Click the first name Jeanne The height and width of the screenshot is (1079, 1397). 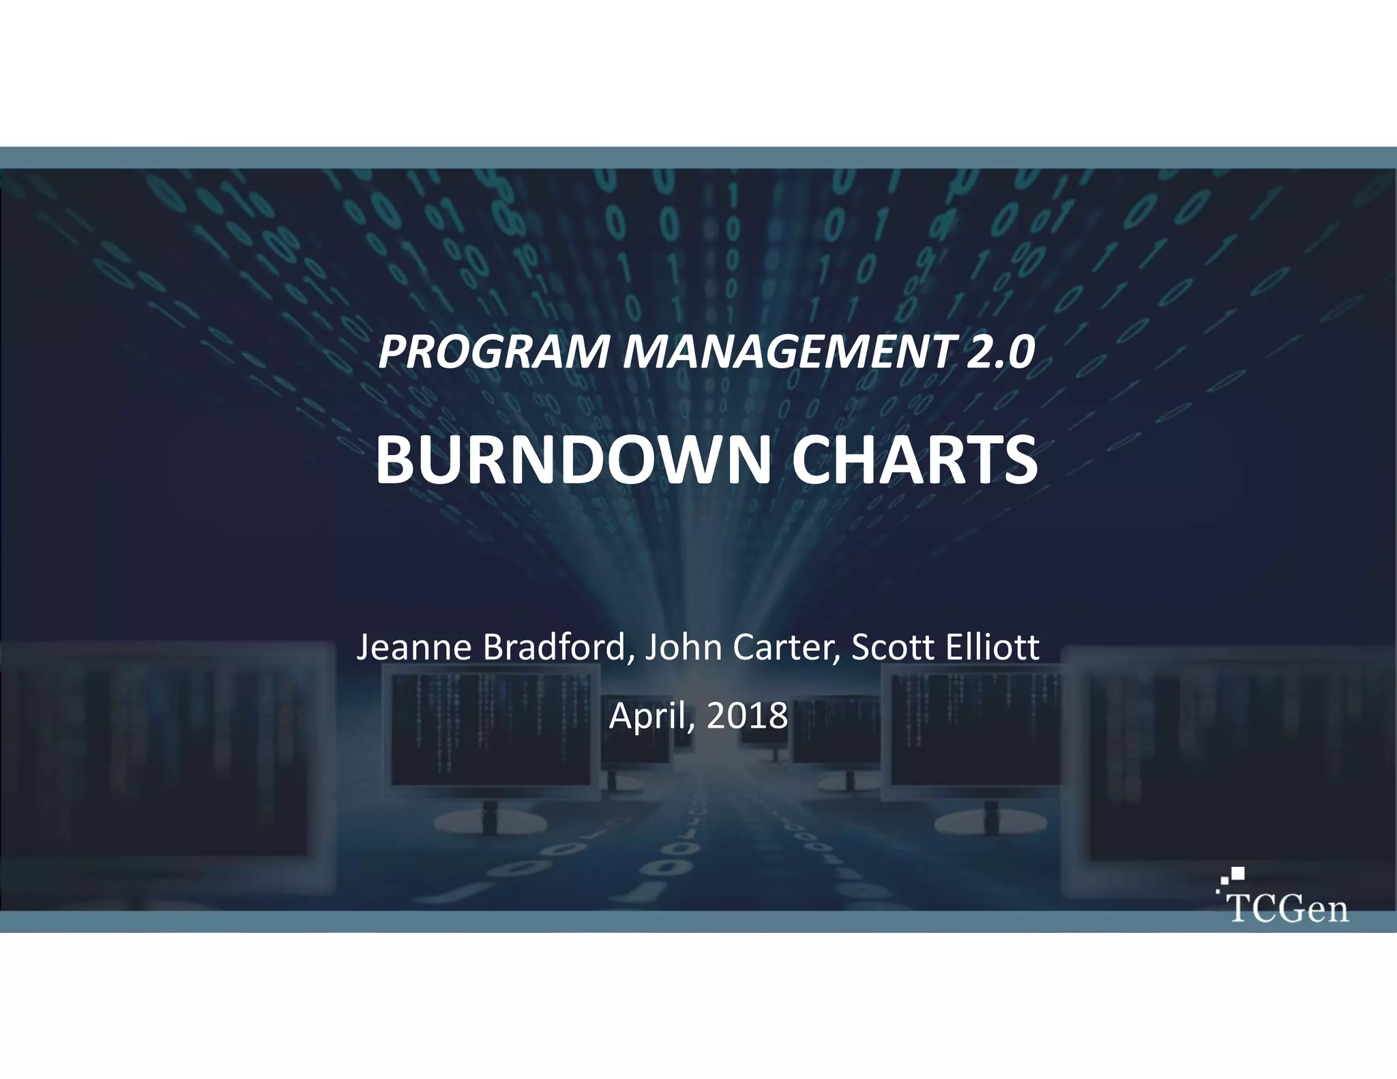[415, 647]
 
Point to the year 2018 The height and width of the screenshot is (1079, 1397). [746, 716]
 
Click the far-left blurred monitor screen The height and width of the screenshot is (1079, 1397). [157, 750]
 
